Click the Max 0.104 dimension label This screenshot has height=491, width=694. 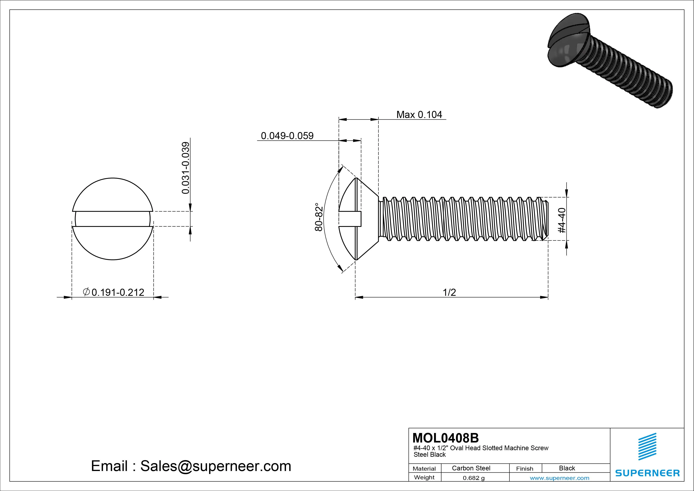click(x=419, y=115)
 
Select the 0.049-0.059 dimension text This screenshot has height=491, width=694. click(x=287, y=136)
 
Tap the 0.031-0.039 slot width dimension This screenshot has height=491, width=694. click(x=186, y=168)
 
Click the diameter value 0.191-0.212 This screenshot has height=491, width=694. click(x=118, y=292)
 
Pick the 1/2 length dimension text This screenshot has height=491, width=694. click(x=449, y=292)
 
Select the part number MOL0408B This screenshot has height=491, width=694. click(x=446, y=438)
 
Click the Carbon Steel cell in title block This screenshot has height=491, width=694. click(x=471, y=468)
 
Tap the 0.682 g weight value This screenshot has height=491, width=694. click(x=474, y=478)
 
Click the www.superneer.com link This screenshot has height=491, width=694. click(x=559, y=478)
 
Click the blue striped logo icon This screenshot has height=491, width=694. click(x=647, y=446)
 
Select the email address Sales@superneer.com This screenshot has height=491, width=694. click(x=215, y=466)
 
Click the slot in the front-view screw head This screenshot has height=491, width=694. click(x=113, y=219)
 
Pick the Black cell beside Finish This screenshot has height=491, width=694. click(x=567, y=468)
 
